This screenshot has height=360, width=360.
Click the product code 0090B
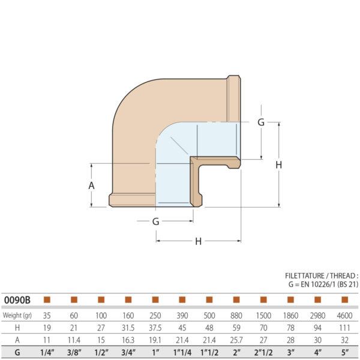pyautogui.click(x=17, y=299)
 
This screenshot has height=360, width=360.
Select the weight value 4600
pyautogui.click(x=344, y=315)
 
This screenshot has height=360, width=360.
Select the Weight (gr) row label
pyautogui.click(x=17, y=315)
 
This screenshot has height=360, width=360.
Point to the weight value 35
pyautogui.click(x=47, y=315)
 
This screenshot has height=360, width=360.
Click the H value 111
pyautogui.click(x=344, y=328)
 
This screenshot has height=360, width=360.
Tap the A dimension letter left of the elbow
pyautogui.click(x=91, y=185)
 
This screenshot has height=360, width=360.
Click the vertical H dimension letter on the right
pyautogui.click(x=278, y=165)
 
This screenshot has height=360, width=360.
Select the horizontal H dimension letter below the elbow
pyautogui.click(x=198, y=241)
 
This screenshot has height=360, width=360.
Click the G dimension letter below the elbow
pyautogui.click(x=155, y=221)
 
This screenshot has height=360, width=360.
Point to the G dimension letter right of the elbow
pyautogui.click(x=260, y=122)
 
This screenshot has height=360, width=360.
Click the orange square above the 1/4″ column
pyautogui.click(x=47, y=299)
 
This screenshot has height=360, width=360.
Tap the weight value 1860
pyautogui.click(x=290, y=315)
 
